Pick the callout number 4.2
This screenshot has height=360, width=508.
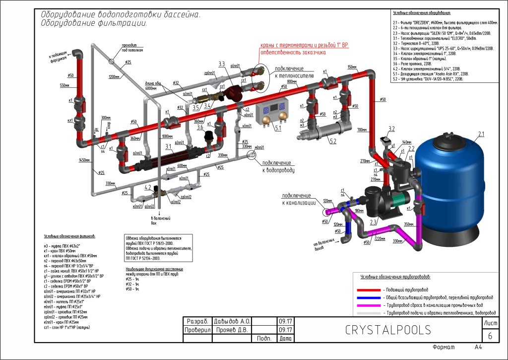click(x=147, y=187)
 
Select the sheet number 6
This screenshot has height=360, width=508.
click(x=490, y=336)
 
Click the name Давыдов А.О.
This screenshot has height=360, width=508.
click(x=232, y=321)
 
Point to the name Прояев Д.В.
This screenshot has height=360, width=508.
click(x=232, y=330)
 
